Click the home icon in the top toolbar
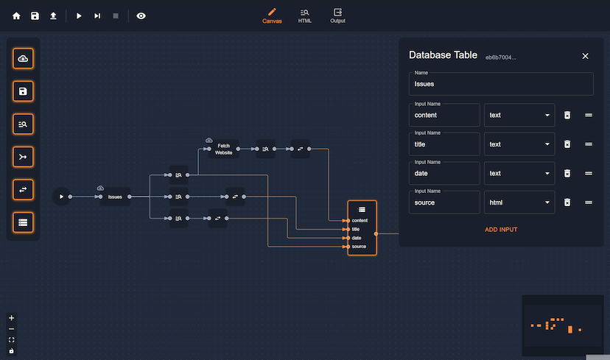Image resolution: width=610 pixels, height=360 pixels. [16, 15]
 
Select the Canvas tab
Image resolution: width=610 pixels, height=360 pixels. [272, 15]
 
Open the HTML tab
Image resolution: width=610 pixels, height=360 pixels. [305, 15]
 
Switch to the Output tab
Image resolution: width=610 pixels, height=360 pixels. [337, 15]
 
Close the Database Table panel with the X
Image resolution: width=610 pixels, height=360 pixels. [586, 56]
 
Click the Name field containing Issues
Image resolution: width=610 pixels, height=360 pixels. [501, 85]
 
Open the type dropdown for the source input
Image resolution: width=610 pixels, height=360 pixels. [519, 202]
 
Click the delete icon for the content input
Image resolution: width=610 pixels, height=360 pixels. [567, 115]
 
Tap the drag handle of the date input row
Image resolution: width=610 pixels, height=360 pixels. [589, 173]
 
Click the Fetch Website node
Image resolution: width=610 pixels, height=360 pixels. [224, 149]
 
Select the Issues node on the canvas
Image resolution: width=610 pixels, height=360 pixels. [115, 197]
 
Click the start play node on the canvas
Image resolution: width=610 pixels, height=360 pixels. [61, 197]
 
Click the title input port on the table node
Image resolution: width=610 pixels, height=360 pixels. [348, 229]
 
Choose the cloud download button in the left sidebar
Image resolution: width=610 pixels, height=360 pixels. [23, 59]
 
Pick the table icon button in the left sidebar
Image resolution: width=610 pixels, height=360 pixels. [23, 222]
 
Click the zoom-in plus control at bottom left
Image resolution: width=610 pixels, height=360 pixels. [11, 318]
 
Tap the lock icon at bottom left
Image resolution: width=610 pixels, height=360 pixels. [11, 351]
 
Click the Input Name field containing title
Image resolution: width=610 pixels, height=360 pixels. [444, 144]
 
